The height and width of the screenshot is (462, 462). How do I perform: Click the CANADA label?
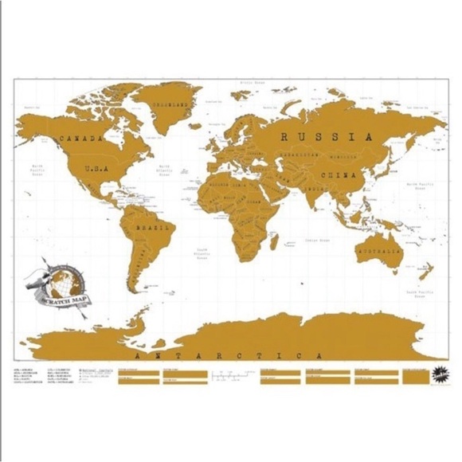click(x=82, y=138)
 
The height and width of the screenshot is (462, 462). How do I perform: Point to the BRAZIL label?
click(x=151, y=228)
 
